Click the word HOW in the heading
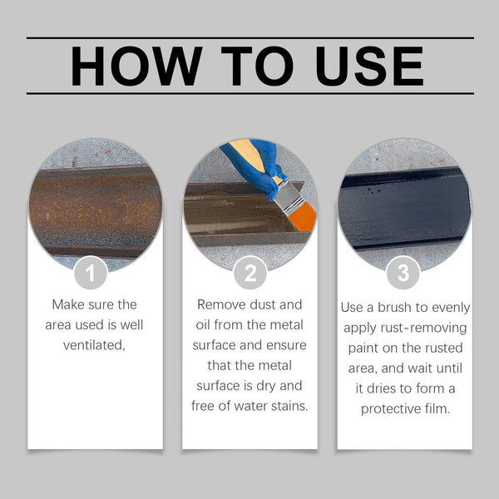click(136, 67)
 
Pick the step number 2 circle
click(249, 273)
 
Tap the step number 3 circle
click(403, 273)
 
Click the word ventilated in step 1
click(93, 345)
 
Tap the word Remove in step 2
click(221, 305)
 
